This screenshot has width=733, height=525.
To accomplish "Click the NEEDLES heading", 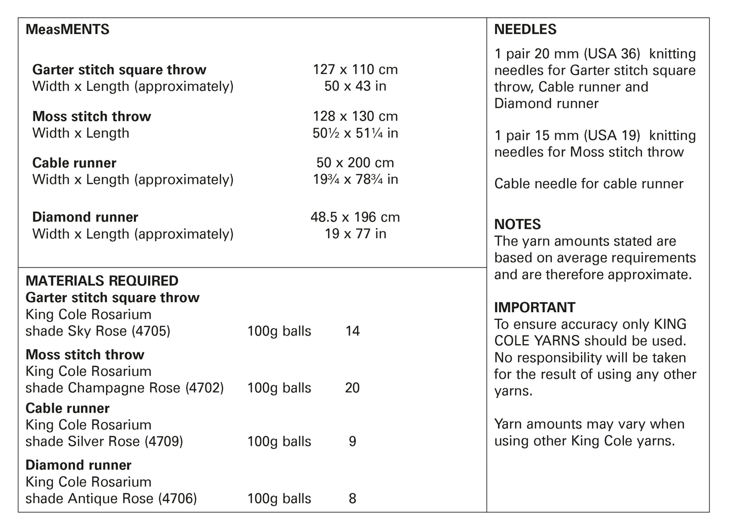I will (525, 29).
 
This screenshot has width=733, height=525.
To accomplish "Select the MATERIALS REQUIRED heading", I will (102, 281).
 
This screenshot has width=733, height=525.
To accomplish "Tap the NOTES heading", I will (517, 224).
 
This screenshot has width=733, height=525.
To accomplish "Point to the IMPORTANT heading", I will (535, 308).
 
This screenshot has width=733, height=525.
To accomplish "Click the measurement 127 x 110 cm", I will (355, 70).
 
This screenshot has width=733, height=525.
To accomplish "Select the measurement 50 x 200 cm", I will (355, 163).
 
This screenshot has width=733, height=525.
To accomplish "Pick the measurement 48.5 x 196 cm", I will (355, 217).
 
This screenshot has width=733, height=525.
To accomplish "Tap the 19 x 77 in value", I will (355, 234).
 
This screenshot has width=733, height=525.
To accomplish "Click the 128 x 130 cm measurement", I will (355, 116).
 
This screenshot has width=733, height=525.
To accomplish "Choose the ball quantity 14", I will (352, 332).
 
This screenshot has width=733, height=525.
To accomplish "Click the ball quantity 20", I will (352, 388).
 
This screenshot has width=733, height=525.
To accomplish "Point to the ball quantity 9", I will (353, 442).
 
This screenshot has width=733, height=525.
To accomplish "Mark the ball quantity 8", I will (353, 499).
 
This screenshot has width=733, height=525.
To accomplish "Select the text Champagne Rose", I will (124, 388).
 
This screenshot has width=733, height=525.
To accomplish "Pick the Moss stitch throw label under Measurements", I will (92, 117).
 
